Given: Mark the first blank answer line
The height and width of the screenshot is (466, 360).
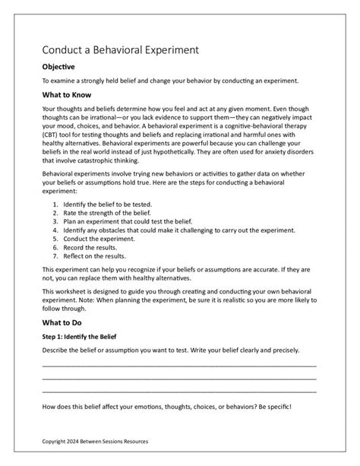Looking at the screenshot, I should (179, 366).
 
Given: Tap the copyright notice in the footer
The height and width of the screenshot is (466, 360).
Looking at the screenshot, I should (95, 441).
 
